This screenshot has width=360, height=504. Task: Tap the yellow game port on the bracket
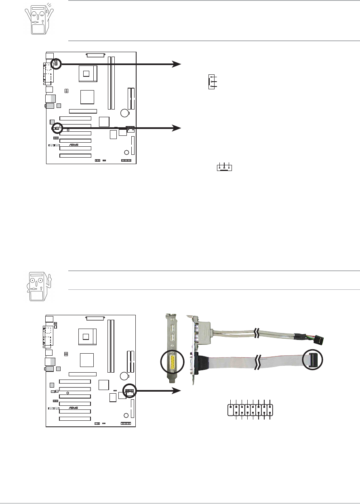pos(173,362)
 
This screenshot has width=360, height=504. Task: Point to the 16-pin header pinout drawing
pos(250,410)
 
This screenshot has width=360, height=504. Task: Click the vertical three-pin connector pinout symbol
pos(212,82)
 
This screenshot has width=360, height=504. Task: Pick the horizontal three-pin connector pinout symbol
pos(224,167)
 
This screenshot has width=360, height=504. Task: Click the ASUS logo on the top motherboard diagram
pos(74,145)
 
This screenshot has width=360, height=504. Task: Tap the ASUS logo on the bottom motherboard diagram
pos(73,408)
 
